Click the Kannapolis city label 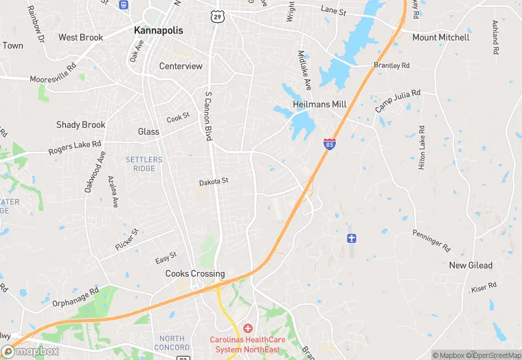[158, 31]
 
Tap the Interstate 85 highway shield [330, 145]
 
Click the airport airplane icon [352, 238]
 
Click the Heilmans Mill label [319, 104]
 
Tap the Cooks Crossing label [195, 273]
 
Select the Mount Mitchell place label [441, 37]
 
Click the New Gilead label [471, 265]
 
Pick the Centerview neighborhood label [181, 67]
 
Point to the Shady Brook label [81, 125]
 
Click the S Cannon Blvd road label [207, 116]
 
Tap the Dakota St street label [213, 181]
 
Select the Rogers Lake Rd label [74, 148]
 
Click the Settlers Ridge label [144, 164]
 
